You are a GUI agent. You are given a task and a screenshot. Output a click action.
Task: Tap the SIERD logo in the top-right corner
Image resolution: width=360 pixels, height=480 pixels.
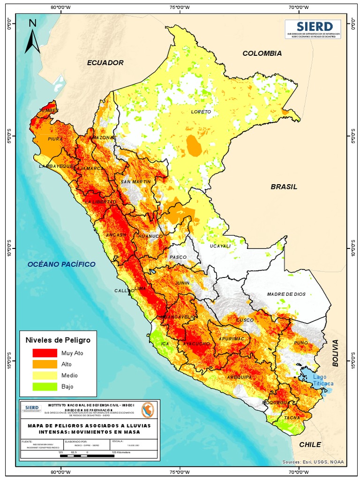314,29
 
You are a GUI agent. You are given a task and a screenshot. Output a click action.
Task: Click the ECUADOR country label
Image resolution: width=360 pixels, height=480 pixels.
105,62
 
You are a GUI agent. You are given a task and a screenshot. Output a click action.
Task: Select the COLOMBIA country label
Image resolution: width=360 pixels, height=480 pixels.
262,53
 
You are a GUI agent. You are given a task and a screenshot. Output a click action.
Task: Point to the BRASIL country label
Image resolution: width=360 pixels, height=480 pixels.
284,187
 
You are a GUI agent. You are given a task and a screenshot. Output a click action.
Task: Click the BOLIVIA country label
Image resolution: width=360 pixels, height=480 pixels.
335,353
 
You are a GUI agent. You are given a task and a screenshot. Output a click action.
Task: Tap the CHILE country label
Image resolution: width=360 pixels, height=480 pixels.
310,444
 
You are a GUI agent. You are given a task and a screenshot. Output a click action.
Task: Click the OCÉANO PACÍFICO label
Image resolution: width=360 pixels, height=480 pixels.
61,264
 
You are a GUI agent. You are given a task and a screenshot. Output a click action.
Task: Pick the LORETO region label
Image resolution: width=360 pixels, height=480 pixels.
201,112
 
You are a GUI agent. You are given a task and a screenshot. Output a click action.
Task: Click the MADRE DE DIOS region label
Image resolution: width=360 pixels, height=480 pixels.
286,294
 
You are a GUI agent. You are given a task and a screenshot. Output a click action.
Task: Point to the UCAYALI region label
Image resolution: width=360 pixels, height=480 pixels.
220,246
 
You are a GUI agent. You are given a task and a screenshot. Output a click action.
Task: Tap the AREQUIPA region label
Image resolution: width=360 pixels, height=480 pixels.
240,377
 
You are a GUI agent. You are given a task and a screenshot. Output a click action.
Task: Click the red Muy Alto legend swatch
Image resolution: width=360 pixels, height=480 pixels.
44,353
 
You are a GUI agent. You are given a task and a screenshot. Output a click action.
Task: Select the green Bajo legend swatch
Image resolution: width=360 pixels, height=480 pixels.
44,387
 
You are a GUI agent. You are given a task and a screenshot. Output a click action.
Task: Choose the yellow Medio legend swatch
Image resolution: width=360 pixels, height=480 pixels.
44,375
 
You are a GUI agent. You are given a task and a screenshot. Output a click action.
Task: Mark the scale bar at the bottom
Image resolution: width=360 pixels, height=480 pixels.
87,456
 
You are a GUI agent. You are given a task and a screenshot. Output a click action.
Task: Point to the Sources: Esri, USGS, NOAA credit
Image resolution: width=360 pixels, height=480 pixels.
313,462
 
